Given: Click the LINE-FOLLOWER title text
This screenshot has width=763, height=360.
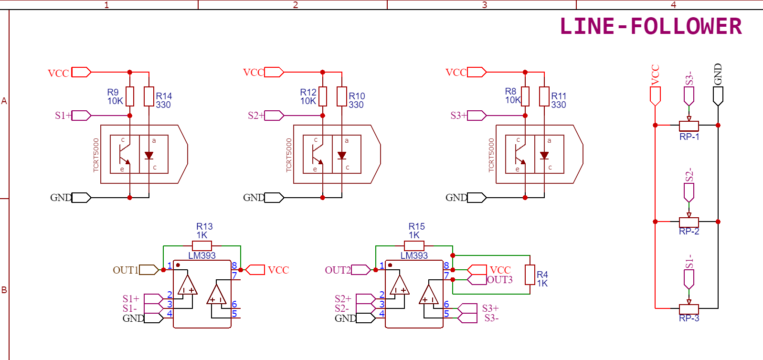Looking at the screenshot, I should tap(650, 26).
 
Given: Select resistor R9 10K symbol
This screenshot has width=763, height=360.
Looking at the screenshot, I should tap(129, 96).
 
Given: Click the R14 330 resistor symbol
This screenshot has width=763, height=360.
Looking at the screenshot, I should tap(149, 96).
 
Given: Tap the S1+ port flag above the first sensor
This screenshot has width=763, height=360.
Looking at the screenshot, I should tap(81, 116).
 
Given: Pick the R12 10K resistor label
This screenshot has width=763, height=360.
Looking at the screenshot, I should tap(308, 96).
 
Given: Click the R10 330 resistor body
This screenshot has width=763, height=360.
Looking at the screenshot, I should tap(342, 96).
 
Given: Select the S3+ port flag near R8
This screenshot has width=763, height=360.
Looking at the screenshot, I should tap(477, 116).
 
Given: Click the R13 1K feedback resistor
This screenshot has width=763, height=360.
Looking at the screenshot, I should tap(201, 246).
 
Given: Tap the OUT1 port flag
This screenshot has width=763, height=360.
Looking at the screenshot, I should tap(149, 270).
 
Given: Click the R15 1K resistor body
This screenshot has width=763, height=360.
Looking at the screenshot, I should tap(414, 246).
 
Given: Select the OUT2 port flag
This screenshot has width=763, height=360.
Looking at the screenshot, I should tap(361, 270).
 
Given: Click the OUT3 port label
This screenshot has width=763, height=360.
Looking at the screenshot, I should tap(500, 280).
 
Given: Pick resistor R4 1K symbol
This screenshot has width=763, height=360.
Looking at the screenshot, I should tap(530, 275).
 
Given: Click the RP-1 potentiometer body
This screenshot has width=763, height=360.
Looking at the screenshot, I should tap(689, 126).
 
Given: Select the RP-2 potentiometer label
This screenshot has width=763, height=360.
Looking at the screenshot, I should tap(689, 232).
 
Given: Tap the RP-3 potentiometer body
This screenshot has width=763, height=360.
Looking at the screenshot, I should tap(689, 309).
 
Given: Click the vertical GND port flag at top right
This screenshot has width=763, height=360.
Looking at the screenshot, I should tap(718, 96).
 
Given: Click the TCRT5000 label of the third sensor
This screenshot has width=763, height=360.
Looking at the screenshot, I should tap(491, 155).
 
